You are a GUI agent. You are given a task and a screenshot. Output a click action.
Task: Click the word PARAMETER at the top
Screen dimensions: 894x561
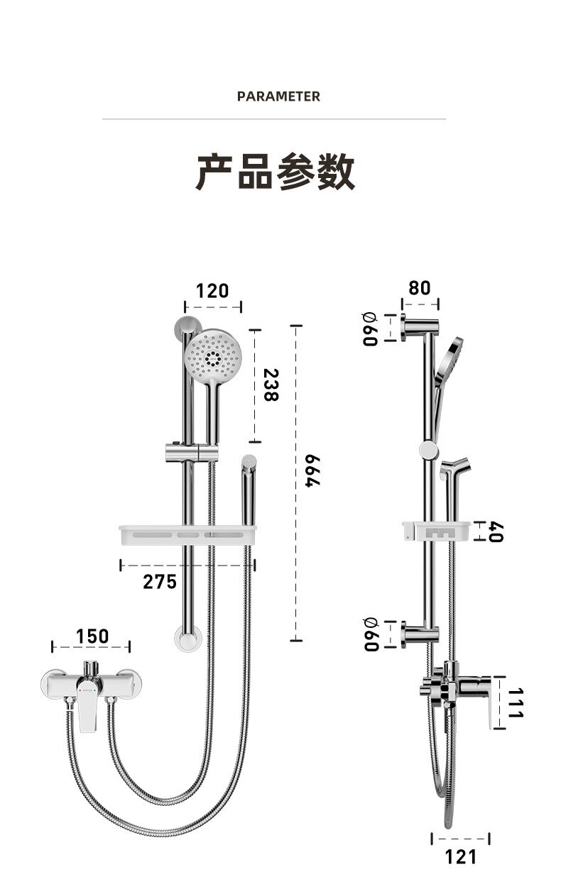coord(278,96)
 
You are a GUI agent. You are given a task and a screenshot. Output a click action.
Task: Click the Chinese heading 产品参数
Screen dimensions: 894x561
coord(275,172)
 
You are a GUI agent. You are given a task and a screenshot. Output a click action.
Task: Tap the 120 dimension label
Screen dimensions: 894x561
coord(212,291)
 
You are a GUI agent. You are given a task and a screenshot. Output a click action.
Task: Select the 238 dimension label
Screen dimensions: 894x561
coord(271,385)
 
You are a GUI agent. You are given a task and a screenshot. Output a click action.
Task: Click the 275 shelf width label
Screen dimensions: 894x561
coord(160,582)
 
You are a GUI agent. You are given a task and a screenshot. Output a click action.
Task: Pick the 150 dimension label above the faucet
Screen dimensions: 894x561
coord(92,636)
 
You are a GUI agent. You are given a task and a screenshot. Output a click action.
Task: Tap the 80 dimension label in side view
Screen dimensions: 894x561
coord(420,288)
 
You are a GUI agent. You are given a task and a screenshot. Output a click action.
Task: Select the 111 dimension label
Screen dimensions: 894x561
coord(515,702)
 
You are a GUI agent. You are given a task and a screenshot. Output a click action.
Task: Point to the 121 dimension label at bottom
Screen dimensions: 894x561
coord(461,857)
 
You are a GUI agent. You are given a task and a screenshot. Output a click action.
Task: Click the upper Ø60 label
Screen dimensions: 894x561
coord(369,328)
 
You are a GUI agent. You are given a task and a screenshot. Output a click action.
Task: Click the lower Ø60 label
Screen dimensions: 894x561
coord(369,634)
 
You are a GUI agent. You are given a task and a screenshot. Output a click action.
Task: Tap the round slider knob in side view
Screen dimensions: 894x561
coord(428,448)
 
